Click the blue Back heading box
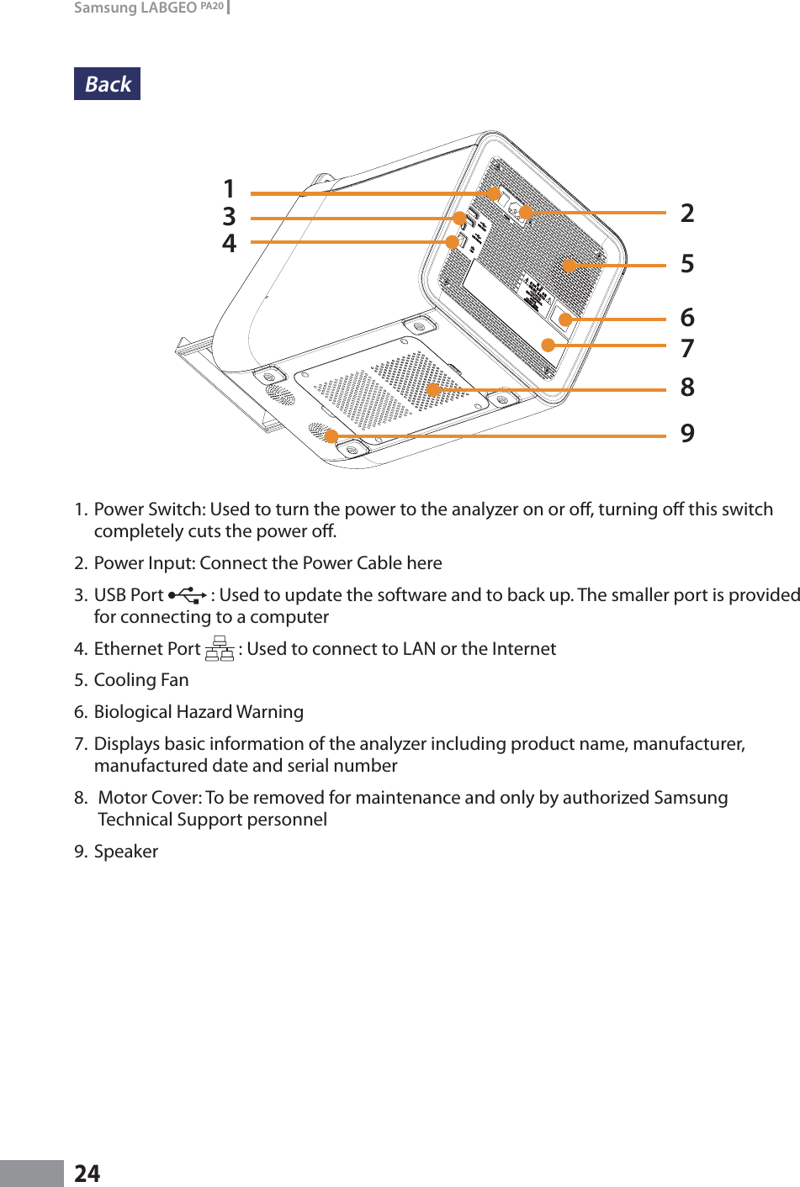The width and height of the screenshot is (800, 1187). pos(107,84)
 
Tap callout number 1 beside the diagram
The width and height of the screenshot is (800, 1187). pos(229,189)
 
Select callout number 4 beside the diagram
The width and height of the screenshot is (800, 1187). pos(229,244)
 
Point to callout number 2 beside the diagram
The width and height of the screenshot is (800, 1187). pos(687,214)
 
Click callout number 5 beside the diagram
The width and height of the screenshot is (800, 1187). pos(687,264)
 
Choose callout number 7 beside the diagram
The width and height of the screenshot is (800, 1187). pos(687,348)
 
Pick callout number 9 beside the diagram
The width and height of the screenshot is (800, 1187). pos(687,434)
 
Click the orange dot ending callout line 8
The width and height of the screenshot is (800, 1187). pos(433,389)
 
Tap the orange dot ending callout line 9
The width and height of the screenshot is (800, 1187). pos(331,435)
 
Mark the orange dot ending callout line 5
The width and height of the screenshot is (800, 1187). pos(570,266)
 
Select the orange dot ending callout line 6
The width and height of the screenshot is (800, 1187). pos(566,319)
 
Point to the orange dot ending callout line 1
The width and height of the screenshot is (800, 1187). pos(494,193)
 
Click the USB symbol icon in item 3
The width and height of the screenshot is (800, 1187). pos(187,595)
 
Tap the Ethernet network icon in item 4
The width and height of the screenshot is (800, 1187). pos(220,648)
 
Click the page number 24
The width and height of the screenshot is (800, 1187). pos(87,1174)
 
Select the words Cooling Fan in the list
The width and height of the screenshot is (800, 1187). pos(141,680)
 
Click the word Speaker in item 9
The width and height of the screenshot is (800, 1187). pos(126,852)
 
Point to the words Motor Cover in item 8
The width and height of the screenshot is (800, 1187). pos(149,798)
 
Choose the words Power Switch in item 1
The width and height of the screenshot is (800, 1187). pos(149,509)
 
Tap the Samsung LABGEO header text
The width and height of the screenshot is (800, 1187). pos(148,8)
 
